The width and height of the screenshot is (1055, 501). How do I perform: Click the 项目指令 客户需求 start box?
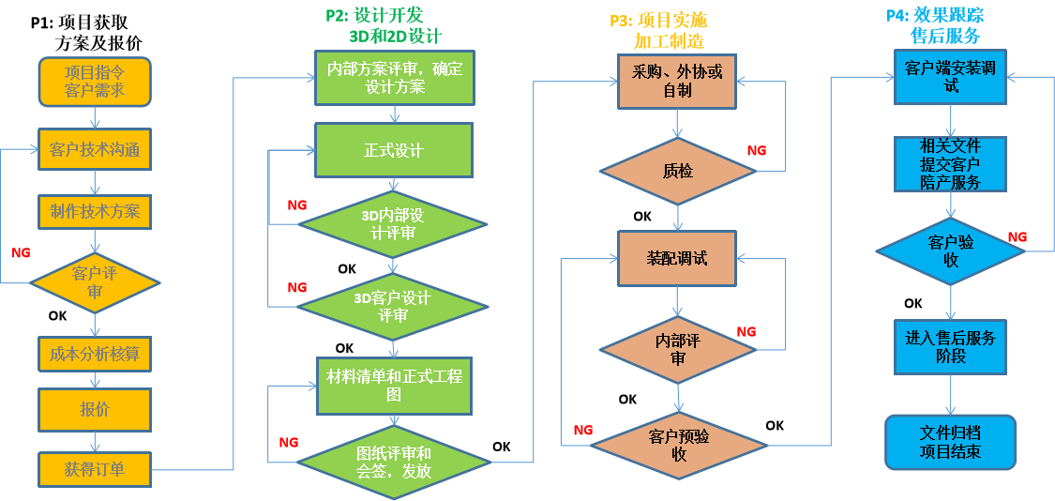point(95,82)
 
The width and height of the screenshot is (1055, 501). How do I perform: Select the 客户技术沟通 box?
point(95,150)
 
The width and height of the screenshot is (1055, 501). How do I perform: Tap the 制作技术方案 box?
point(95,212)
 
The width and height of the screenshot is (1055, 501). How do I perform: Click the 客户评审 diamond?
point(95,282)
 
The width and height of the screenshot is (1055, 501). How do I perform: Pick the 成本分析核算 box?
point(95,354)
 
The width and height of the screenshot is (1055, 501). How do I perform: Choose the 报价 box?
point(95,409)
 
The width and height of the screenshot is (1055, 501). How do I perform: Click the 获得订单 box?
point(95,469)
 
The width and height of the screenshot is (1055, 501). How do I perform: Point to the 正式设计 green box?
point(393,150)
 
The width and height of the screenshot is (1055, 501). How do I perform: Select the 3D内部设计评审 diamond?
point(393,224)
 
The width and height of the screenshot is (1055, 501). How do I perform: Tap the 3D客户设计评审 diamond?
point(393,307)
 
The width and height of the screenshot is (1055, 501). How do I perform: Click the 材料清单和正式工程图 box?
point(393,386)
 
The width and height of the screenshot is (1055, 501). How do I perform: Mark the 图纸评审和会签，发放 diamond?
point(393,461)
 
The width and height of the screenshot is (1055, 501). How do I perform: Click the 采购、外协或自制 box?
point(677,81)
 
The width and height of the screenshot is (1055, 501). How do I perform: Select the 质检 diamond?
point(677,172)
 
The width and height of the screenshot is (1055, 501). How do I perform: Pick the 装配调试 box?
point(677,258)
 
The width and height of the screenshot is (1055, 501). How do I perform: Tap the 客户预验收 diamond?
point(678,444)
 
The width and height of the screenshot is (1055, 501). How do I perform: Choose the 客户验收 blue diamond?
point(951,250)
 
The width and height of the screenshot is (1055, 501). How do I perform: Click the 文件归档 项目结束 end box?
point(951,442)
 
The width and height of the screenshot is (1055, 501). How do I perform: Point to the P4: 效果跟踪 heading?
point(935,16)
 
